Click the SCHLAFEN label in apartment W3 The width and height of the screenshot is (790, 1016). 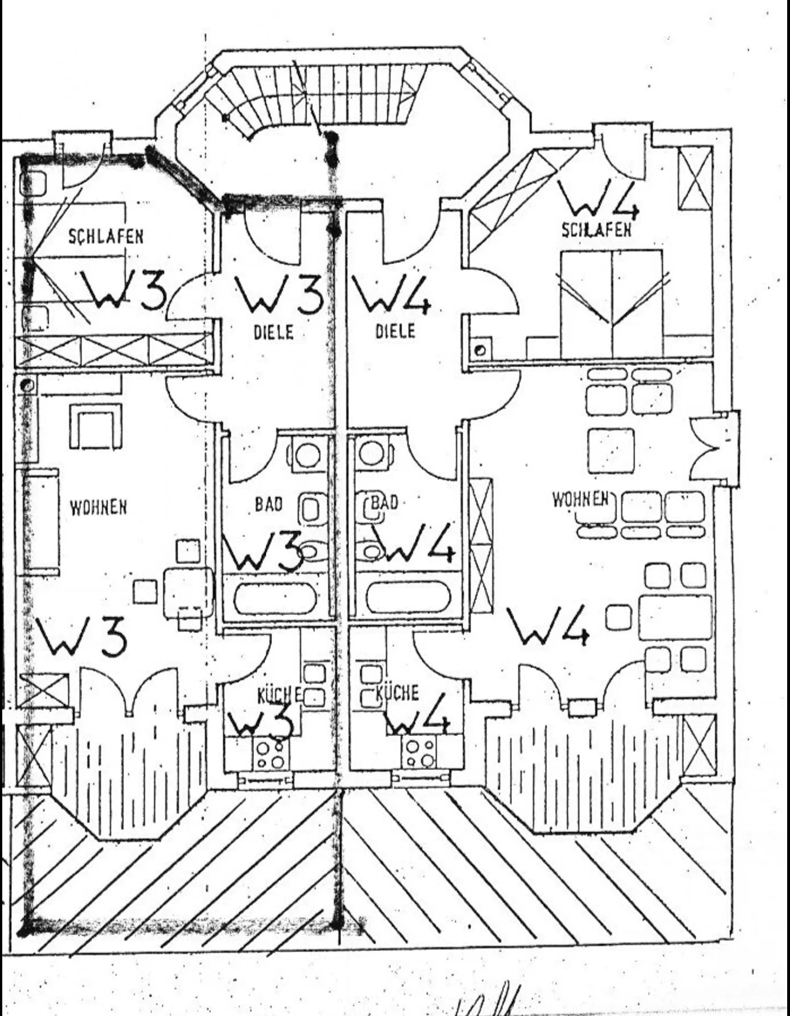coord(106,236)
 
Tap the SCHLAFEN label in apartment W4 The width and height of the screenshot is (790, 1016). coord(596,230)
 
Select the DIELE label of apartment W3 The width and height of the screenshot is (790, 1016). coord(273,332)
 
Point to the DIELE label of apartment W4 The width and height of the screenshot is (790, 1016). coord(395,331)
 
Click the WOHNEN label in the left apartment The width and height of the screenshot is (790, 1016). coord(98,507)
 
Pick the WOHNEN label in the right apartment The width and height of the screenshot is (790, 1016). coord(580,500)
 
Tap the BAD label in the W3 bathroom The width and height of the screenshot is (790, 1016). coord(269,503)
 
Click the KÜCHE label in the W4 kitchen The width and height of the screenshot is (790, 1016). coord(397,693)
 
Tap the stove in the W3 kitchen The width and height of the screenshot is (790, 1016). coord(270,755)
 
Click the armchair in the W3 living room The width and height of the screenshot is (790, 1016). coord(95,426)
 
